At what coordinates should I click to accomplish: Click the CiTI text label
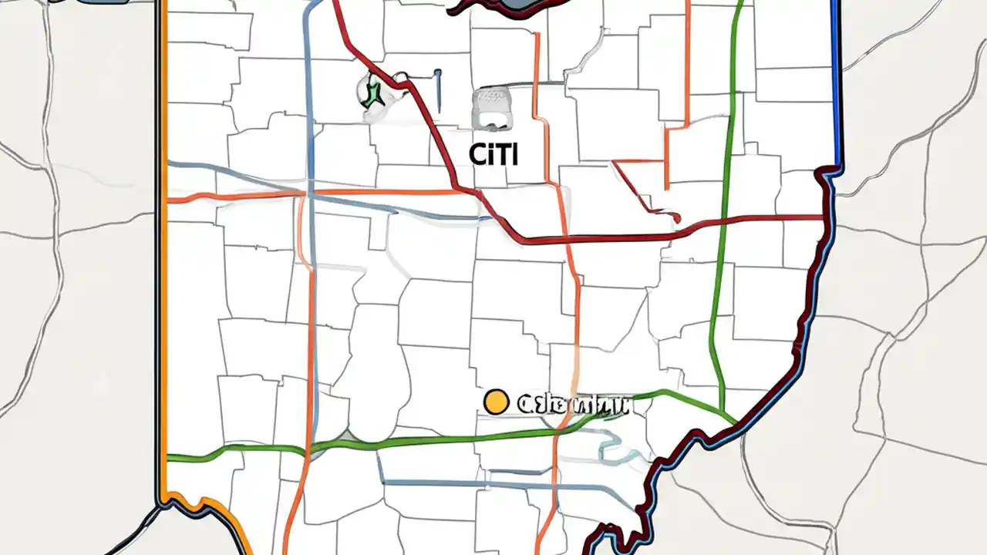[x=494, y=153]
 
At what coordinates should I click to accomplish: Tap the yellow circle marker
[x=495, y=402]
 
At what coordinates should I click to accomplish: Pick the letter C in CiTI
[x=477, y=154]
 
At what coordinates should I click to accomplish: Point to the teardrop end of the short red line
[x=676, y=219]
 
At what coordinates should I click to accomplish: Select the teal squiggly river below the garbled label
[x=613, y=451]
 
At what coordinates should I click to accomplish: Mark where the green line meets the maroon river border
[x=734, y=423]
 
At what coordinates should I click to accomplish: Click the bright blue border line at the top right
[x=836, y=77]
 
